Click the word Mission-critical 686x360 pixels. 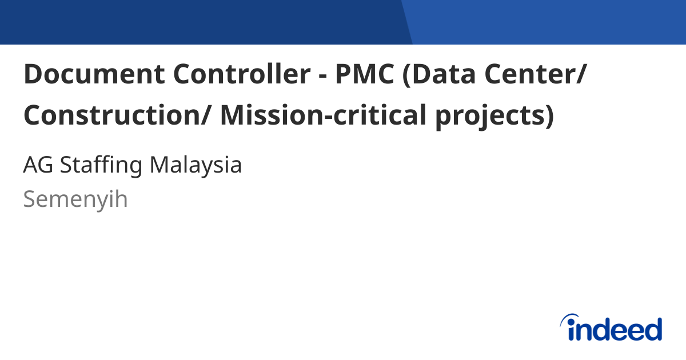pyautogui.click(x=323, y=116)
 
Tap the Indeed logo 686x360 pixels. pyautogui.click(x=612, y=328)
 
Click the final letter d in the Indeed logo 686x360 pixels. pyautogui.click(x=652, y=329)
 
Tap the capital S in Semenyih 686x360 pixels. pyautogui.click(x=30, y=199)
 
